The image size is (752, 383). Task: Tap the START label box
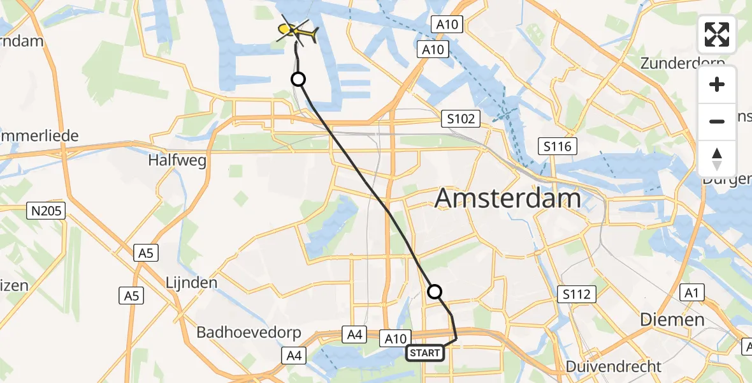tap(425, 352)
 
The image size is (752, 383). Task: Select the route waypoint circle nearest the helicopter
tap(298, 79)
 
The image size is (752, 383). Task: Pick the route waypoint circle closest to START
tap(434, 292)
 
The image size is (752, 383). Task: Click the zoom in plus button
tap(717, 85)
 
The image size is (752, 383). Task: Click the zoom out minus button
tap(717, 121)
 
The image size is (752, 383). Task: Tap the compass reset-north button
tap(717, 158)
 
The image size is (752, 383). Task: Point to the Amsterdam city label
tap(507, 199)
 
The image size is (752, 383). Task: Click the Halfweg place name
tap(177, 160)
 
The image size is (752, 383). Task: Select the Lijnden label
tap(191, 282)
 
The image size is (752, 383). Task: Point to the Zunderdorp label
tap(683, 64)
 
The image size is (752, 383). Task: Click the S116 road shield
tap(557, 147)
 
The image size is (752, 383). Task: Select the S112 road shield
tap(577, 294)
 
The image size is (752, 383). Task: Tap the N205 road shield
tap(47, 211)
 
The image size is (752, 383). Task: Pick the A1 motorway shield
tap(691, 292)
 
